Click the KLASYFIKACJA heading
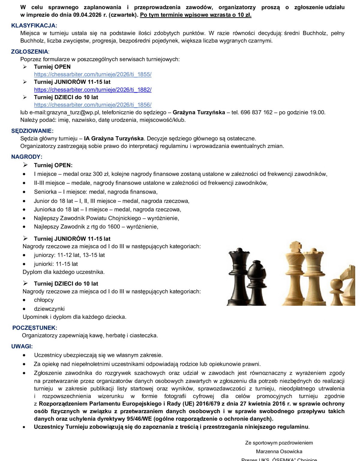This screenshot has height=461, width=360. (34, 26)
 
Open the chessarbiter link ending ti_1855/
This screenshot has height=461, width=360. (92, 74)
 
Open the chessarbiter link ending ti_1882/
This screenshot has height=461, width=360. (92, 89)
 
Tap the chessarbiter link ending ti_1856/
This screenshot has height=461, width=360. (92, 105)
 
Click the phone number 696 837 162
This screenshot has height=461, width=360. (256, 113)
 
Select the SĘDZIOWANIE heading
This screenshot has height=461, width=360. (32, 131)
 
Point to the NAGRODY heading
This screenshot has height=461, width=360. (27, 157)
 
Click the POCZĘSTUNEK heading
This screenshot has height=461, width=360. (34, 328)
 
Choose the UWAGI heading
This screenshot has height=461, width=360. (22, 346)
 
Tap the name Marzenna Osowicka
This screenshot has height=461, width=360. (279, 451)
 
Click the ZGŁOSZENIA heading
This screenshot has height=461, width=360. (30, 52)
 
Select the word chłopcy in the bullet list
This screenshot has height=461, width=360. (44, 300)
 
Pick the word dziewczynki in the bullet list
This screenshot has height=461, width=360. (49, 309)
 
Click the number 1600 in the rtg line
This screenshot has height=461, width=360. (114, 227)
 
